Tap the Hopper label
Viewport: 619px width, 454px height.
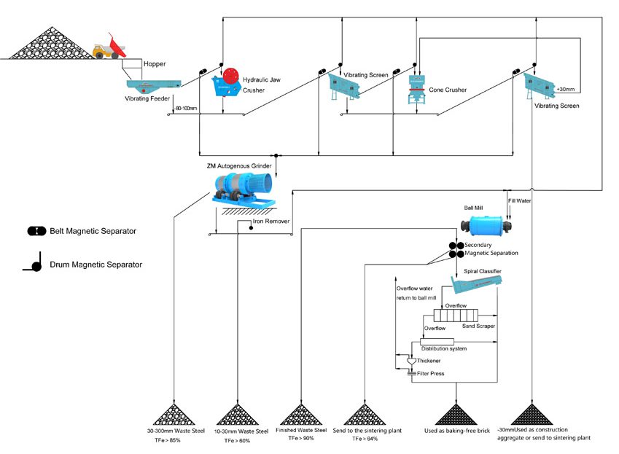click(155, 63)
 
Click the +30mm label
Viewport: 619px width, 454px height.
click(565, 89)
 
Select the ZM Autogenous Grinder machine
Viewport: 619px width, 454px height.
click(241, 187)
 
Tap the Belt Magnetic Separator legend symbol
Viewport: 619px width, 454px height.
click(36, 231)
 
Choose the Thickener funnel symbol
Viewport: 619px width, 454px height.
click(410, 361)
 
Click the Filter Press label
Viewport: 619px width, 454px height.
click(431, 373)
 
